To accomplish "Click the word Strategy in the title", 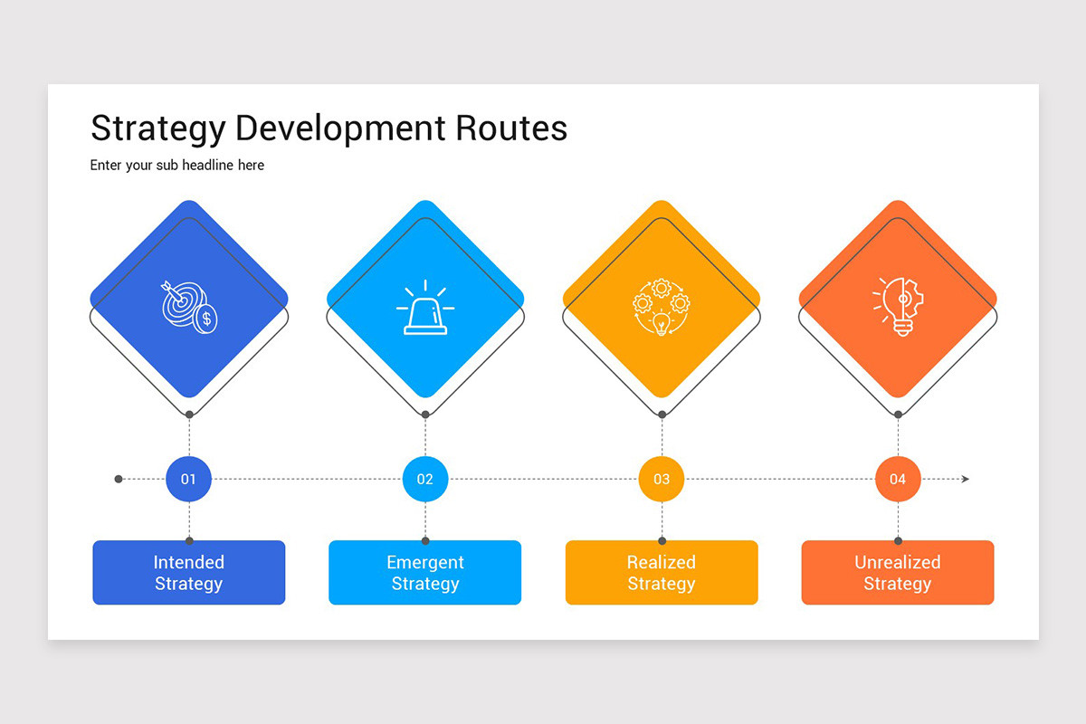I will (x=157, y=129).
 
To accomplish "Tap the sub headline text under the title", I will (x=177, y=166).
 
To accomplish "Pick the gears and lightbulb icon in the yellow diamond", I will (x=662, y=307).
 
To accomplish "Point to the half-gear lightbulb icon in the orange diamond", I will (x=897, y=307).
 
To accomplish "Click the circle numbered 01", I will (x=188, y=479).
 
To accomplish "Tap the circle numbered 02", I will (x=425, y=479).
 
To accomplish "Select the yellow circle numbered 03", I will (x=662, y=479).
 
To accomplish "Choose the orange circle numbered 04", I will (x=898, y=479).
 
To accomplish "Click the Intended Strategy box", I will (x=189, y=573).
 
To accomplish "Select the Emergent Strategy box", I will (x=425, y=573).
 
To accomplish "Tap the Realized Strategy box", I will (x=662, y=573).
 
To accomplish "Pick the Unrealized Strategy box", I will (x=898, y=573).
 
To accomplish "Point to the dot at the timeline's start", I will (x=119, y=479).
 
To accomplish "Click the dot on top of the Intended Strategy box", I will (x=189, y=541).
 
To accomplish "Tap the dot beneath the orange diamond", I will (x=898, y=414).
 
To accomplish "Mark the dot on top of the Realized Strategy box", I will (x=662, y=541).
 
